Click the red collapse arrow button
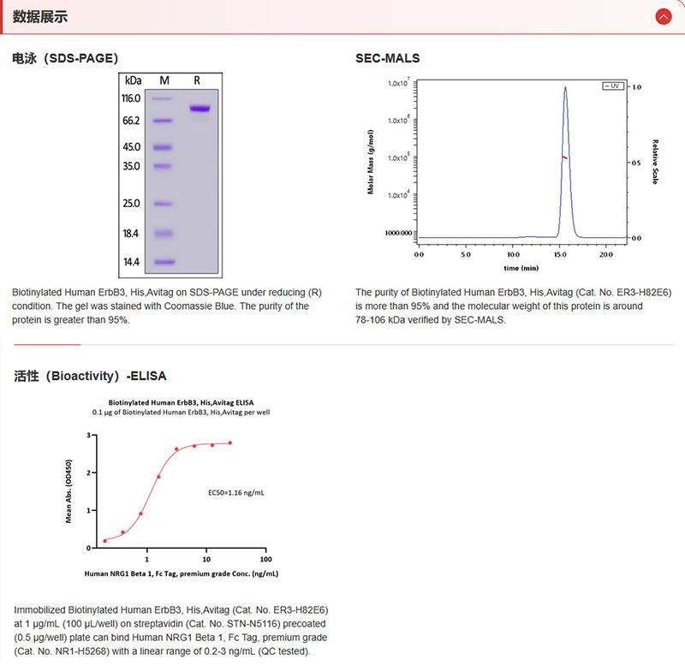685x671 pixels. (663, 16)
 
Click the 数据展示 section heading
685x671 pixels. (40, 16)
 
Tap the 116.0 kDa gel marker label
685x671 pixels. (130, 98)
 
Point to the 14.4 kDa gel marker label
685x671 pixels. (130, 262)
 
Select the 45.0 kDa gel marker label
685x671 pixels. (130, 146)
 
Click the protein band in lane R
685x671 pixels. (200, 108)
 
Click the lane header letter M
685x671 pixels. (164, 80)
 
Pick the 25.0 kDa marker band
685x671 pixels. (164, 203)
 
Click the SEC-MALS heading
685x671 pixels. (387, 58)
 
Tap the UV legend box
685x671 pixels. (612, 86)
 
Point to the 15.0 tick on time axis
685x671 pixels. (560, 254)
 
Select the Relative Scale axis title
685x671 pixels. (655, 162)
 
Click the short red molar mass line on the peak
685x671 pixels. (564, 157)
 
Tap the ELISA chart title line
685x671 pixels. (180, 401)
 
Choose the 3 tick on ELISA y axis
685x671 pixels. (88, 436)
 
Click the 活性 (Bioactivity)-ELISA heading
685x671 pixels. (91, 375)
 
